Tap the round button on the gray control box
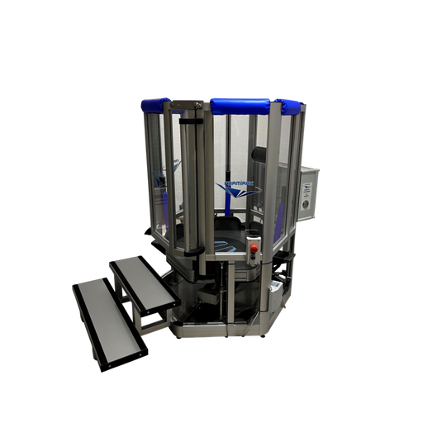tap(307, 203)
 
